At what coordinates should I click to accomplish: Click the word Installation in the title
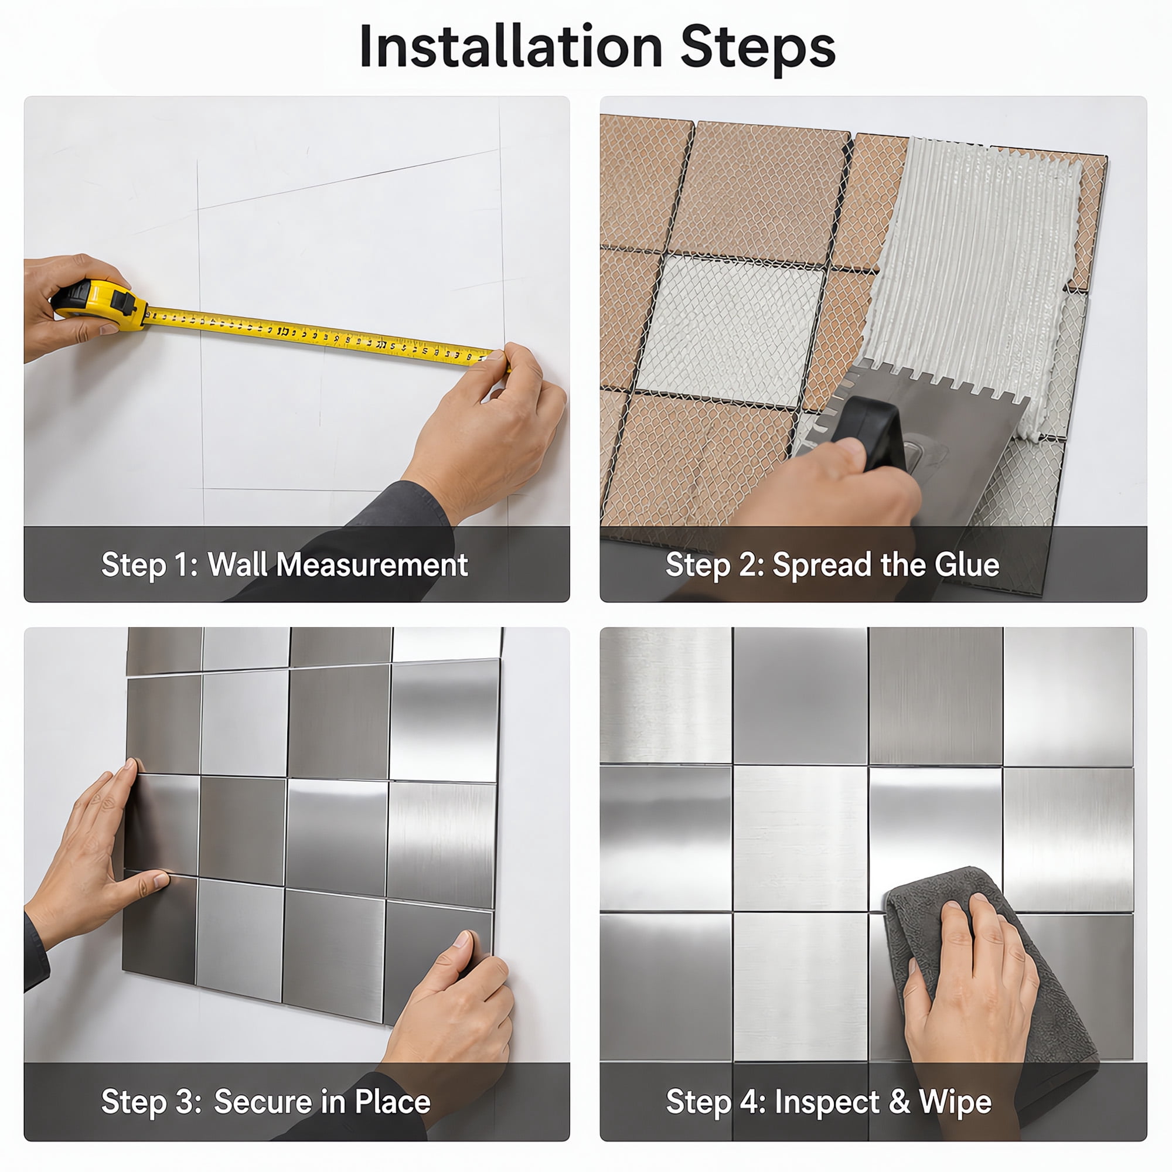coord(511,47)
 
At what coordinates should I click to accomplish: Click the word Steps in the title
coord(758,49)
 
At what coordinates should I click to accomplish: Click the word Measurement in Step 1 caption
coord(372,565)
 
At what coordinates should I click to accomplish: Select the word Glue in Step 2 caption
coord(967,565)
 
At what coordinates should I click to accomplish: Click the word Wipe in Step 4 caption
coord(955,1102)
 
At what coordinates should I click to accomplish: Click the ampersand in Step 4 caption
coord(900,1102)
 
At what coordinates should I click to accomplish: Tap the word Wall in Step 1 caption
coord(238,565)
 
